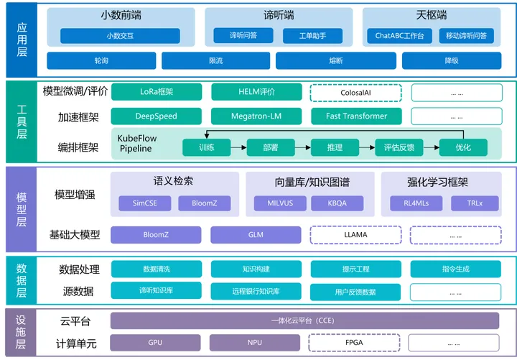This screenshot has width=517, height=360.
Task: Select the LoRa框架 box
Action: click(156, 92)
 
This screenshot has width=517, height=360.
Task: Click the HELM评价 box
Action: click(256, 92)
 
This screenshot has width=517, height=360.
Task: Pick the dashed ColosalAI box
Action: click(355, 92)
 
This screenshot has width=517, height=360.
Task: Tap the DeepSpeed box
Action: click(156, 116)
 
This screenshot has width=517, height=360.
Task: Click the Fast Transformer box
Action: click(355, 116)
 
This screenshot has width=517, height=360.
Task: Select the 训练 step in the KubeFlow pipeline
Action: click(207, 147)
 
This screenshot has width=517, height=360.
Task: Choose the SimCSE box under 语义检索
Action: click(144, 203)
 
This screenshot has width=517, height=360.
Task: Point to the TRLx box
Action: click(475, 203)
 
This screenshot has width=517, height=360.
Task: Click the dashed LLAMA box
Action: click(355, 234)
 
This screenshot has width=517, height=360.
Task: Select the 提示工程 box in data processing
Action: click(355, 269)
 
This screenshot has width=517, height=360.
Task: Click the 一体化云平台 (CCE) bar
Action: click(304, 320)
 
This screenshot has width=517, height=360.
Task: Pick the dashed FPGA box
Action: click(355, 343)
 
